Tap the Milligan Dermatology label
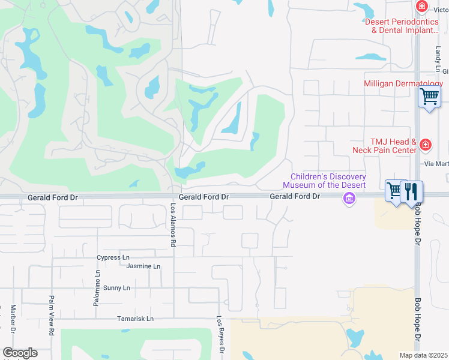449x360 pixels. [403, 83]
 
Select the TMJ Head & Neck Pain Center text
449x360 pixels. [393, 146]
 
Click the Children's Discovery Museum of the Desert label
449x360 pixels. [328, 181]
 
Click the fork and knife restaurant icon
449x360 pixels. [411, 192]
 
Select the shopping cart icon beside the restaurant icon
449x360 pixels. [394, 192]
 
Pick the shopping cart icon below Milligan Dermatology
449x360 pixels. [429, 97]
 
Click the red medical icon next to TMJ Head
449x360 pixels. [426, 145]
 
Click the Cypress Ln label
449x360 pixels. [113, 257]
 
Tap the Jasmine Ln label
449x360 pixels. [143, 266]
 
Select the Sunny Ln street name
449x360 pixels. [117, 288]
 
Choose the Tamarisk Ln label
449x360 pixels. [135, 319]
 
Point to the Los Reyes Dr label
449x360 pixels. [220, 335]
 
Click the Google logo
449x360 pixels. [19, 353]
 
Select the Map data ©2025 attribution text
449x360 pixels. [423, 355]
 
